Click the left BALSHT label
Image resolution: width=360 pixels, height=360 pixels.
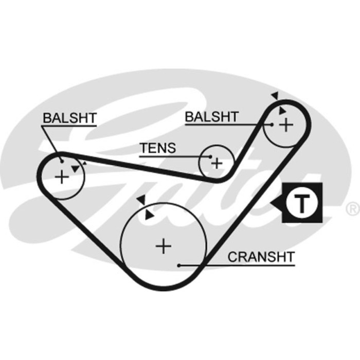pos(69,117)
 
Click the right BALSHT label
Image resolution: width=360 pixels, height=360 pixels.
pos(211,117)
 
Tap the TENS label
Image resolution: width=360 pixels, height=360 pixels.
pos(158,148)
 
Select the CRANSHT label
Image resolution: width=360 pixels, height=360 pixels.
pos(261,257)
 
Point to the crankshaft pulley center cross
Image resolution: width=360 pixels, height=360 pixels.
pos(164,246)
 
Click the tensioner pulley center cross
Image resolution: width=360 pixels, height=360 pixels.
pos(217,163)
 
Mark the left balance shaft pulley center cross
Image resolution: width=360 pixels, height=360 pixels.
pos(61,177)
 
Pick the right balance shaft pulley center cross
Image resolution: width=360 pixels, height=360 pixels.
pos(285,124)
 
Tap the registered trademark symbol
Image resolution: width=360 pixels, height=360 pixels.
pos(353,208)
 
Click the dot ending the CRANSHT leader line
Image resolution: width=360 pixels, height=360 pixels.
pos(179,265)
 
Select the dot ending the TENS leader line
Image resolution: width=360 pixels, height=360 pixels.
pos(210,156)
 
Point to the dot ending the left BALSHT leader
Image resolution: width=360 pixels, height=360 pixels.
pos(62,160)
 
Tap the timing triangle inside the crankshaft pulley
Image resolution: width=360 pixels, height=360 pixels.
pos(149,216)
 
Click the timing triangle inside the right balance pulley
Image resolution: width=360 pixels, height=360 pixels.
pos(282,111)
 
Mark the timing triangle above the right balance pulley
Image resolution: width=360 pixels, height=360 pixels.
pos(275,96)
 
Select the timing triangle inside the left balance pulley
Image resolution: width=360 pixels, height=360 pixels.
pos(76,169)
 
